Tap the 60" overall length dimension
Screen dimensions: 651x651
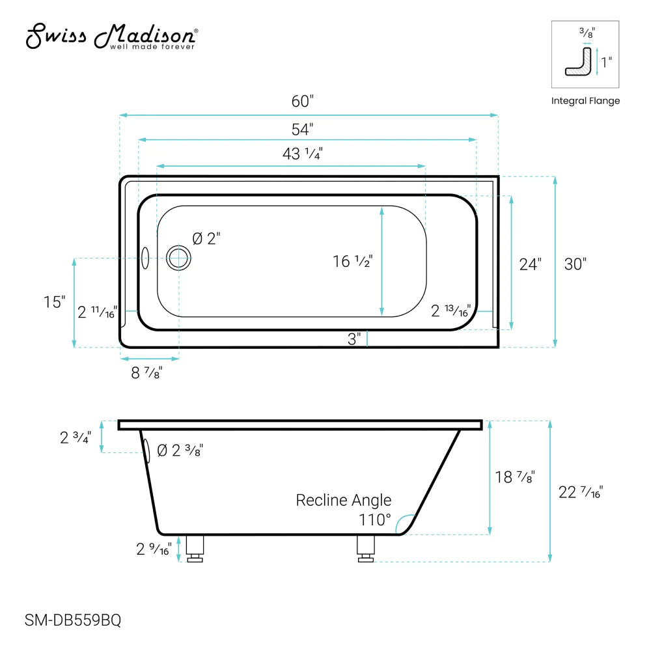point(303,102)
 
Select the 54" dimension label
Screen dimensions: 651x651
point(303,129)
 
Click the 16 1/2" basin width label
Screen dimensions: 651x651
point(352,262)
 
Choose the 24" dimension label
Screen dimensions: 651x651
point(530,264)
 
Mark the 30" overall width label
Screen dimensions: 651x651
point(575,264)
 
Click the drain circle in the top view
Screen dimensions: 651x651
point(178,258)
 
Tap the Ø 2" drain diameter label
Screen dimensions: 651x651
point(206,239)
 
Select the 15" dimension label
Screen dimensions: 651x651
point(55,302)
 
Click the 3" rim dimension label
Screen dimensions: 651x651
point(354,339)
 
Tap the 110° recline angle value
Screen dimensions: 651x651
point(375,520)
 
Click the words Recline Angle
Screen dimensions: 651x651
point(344,500)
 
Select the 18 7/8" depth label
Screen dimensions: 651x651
point(514,477)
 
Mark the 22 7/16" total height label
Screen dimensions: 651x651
point(581,493)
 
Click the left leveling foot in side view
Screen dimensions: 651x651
point(195,549)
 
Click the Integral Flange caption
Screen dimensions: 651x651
point(585,101)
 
